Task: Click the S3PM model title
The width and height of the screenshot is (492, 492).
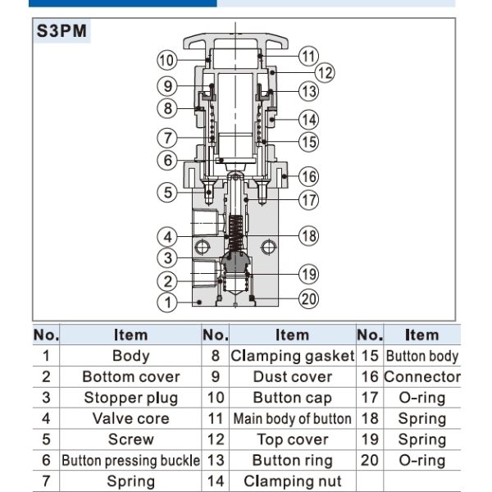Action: pyautogui.click(x=62, y=34)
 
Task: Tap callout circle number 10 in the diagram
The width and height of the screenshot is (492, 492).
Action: pyautogui.click(x=166, y=59)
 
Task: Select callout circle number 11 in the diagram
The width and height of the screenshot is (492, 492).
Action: pyautogui.click(x=307, y=57)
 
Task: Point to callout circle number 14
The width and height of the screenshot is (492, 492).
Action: pyautogui.click(x=307, y=120)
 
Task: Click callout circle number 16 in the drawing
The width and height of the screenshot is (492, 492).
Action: pyautogui.click(x=308, y=175)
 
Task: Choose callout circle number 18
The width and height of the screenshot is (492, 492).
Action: pyautogui.click(x=308, y=235)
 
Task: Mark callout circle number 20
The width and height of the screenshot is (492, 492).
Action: pyautogui.click(x=308, y=299)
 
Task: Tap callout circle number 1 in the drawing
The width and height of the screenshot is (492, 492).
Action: pyautogui.click(x=166, y=303)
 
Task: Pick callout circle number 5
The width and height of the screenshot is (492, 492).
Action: pyautogui.click(x=166, y=192)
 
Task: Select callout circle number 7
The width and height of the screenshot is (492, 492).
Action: pyautogui.click(x=166, y=137)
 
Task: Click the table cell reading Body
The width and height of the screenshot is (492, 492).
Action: pyautogui.click(x=130, y=356)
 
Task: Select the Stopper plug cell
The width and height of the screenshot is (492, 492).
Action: pyautogui.click(x=130, y=398)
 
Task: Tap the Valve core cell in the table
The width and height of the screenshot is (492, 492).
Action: pyautogui.click(x=130, y=418)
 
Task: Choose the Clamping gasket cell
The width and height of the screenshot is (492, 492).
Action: pyautogui.click(x=292, y=356)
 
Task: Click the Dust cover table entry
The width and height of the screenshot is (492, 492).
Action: pyautogui.click(x=292, y=376)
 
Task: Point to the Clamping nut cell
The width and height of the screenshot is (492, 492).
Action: pyautogui.click(x=292, y=481)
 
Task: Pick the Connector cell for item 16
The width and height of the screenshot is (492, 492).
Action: pyautogui.click(x=421, y=376)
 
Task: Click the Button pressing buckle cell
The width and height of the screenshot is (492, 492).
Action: pyautogui.click(x=130, y=460)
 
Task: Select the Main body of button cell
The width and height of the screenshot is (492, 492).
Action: pyautogui.click(x=292, y=418)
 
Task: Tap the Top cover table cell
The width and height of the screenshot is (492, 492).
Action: pyautogui.click(x=292, y=440)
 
